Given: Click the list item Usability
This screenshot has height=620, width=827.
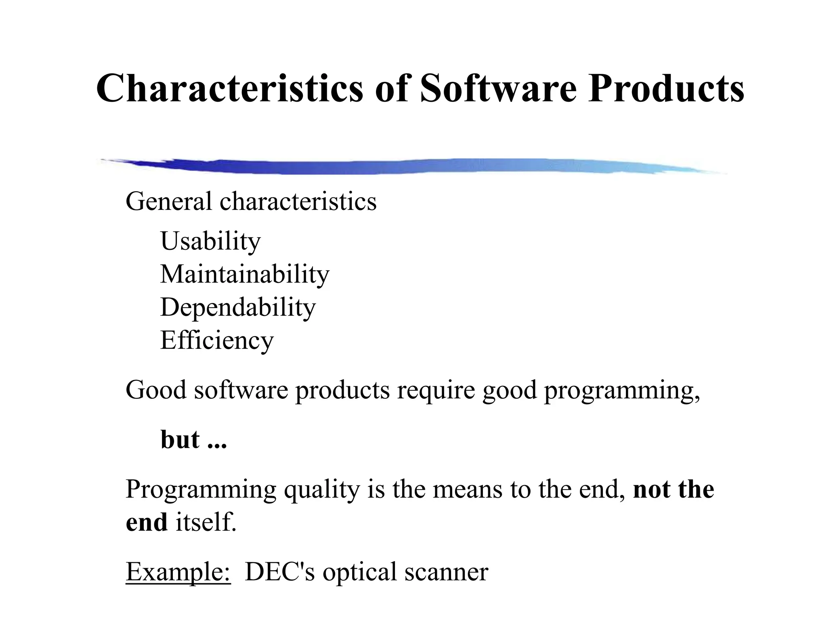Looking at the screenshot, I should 210,241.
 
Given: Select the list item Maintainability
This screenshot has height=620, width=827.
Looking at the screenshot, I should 245,274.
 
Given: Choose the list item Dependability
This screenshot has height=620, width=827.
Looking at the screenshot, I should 238,307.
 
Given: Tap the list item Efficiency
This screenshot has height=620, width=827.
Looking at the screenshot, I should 217,340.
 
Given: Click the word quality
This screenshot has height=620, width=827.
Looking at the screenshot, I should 321,490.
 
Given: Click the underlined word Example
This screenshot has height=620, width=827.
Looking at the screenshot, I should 178,572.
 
